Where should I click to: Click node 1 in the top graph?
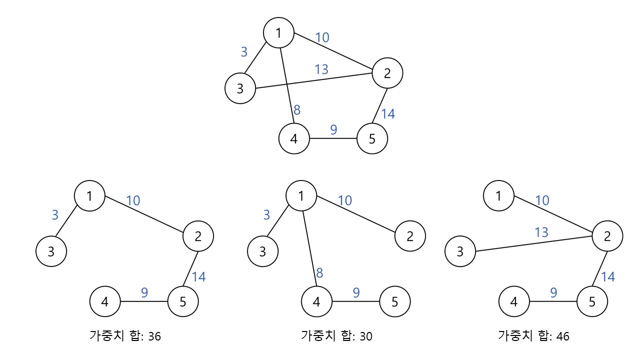coord(279,33)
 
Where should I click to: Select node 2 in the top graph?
coord(387,73)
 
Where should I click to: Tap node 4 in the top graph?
coord(294,138)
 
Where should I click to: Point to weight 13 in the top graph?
coord(321,69)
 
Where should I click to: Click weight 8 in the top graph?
coord(297,110)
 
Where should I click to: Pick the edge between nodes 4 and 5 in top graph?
coord(333,138)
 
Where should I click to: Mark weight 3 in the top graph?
coord(244,51)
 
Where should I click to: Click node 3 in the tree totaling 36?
coord(51,251)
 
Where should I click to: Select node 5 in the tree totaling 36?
coord(183,301)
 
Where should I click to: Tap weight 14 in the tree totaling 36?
coord(198,276)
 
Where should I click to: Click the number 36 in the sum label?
coord(154,336)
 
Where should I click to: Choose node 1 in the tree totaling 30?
coord(301,195)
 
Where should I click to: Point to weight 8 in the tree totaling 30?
coord(319,273)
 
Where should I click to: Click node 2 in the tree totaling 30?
coord(410,236)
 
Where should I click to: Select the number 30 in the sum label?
coord(366,336)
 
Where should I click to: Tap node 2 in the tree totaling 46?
coord(607,236)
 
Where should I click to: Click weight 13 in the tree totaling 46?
coord(541,232)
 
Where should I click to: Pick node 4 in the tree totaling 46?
coord(514,301)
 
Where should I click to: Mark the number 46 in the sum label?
coord(563,336)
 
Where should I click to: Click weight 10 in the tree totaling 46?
coord(542,200)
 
